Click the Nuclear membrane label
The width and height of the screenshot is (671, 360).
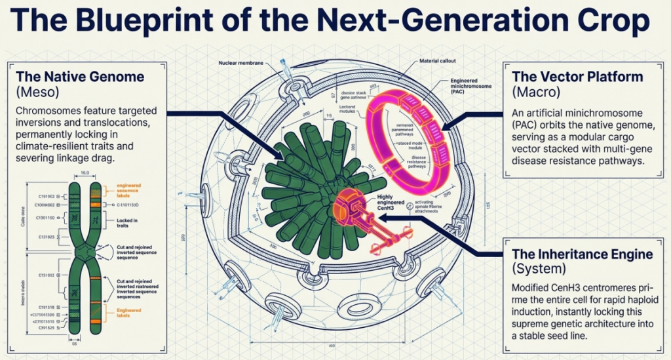240,63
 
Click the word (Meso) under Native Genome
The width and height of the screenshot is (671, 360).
41,90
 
